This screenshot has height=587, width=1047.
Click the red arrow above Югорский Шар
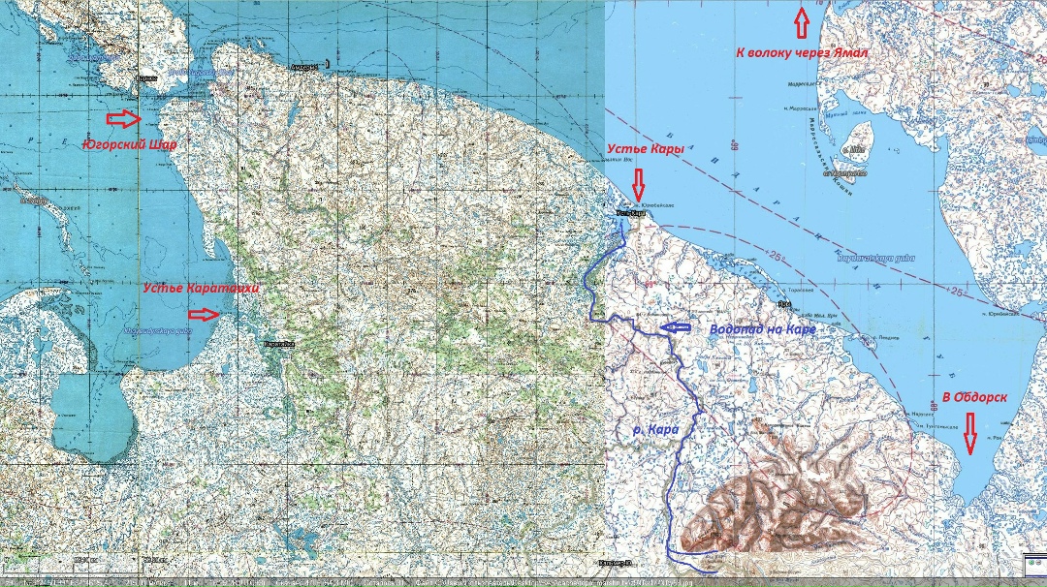[x=122, y=118]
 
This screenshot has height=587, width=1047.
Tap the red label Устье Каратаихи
[x=202, y=289]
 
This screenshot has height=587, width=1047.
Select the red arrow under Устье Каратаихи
[x=204, y=314]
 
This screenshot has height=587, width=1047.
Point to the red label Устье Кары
[x=646, y=149]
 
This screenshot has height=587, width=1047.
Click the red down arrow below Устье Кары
[x=638, y=183]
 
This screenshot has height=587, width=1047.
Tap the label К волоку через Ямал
[x=802, y=51]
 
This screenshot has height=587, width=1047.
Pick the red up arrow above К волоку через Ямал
[x=801, y=18]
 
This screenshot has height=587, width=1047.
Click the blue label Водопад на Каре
[x=762, y=329]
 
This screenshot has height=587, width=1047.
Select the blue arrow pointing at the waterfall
[x=680, y=328]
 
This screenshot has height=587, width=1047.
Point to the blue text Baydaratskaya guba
[x=864, y=257]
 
